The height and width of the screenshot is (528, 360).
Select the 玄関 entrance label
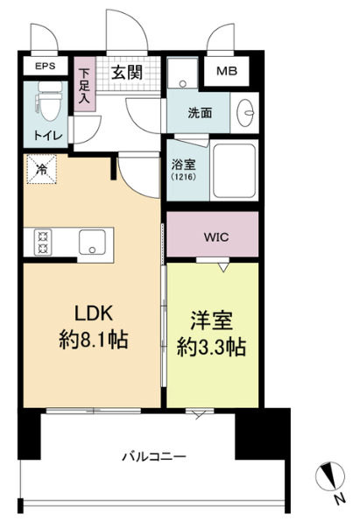(x=128, y=73)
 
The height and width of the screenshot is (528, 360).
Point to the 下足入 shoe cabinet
(x=85, y=86)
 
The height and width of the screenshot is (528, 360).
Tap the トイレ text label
(x=45, y=136)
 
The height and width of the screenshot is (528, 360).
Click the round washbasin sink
(x=244, y=111)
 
